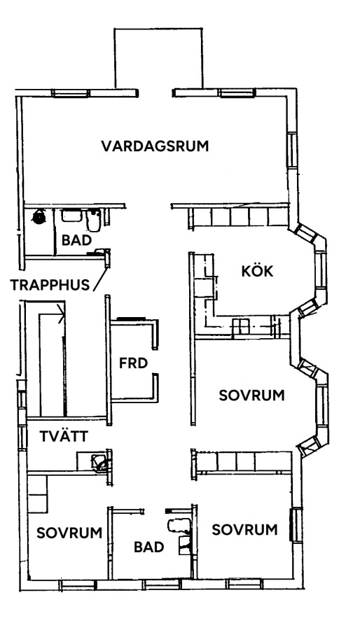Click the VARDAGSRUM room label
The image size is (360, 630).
point(155,146)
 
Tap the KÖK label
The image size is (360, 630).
point(257,271)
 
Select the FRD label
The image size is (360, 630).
point(133,363)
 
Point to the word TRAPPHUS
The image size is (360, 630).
point(50,285)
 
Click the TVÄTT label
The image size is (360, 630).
point(64,436)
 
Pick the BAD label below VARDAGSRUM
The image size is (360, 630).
point(76,240)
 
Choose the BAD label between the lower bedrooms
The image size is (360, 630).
point(148,547)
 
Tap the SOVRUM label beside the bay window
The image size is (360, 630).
point(251,395)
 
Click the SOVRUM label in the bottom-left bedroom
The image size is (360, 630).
point(69,533)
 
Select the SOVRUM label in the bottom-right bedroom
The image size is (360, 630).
point(244,530)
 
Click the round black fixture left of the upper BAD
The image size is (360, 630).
point(39,217)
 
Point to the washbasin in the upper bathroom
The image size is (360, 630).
point(71,216)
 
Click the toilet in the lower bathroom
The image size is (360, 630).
point(176,526)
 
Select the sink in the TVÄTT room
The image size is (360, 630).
point(99,461)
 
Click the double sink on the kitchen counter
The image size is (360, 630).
point(241,325)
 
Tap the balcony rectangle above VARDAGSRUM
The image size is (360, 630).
point(159,58)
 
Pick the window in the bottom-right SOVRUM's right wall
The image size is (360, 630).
point(296,525)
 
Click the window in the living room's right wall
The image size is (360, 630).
point(293,150)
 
